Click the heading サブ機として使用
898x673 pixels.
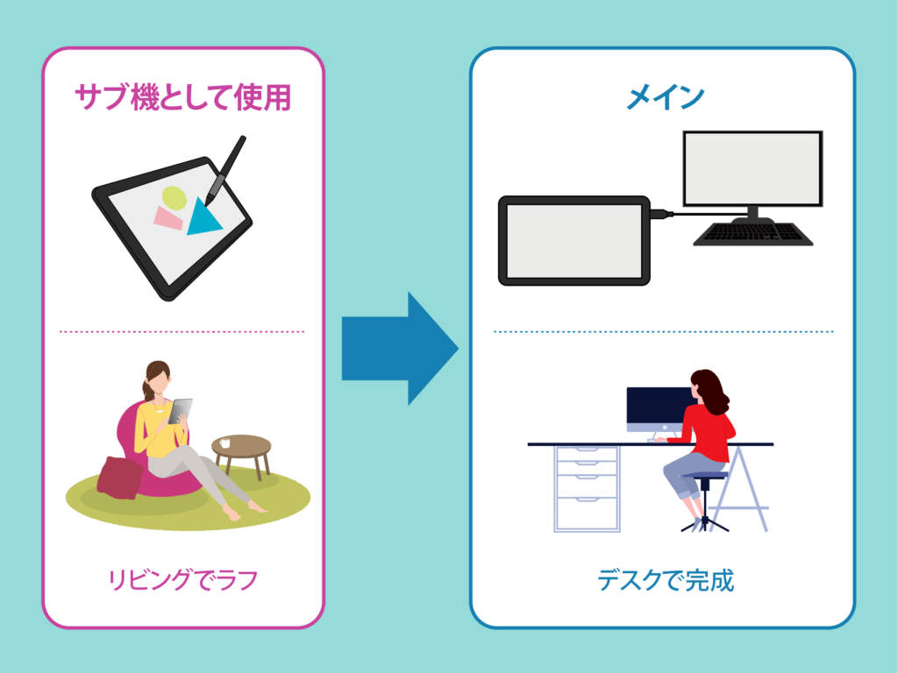[x=182, y=96]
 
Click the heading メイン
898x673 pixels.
[x=665, y=96]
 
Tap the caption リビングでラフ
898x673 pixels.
[x=183, y=580]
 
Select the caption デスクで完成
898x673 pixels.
[x=666, y=580]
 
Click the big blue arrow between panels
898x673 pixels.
[x=400, y=348]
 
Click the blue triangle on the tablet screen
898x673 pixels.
[x=203, y=217]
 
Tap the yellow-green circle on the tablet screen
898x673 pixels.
[x=175, y=198]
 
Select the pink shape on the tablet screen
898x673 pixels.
[x=167, y=218]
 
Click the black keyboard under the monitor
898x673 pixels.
[x=752, y=233]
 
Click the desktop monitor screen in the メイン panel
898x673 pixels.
[x=752, y=168]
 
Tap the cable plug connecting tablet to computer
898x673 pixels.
[x=662, y=214]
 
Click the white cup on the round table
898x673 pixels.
[x=224, y=443]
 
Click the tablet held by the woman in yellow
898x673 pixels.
[x=180, y=411]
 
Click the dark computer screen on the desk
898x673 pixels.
[x=659, y=405]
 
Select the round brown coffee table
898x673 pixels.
[x=241, y=456]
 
